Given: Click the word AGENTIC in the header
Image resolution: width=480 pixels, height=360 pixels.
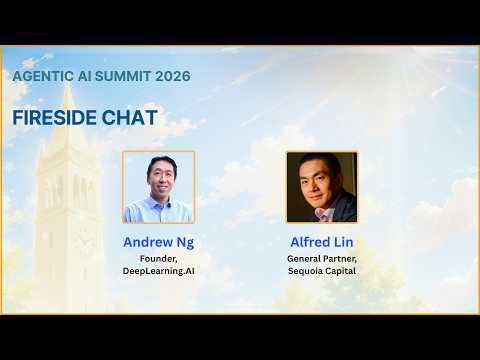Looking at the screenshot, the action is (x=43, y=76).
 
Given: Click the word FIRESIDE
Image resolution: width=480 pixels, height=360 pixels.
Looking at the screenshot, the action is (x=54, y=117).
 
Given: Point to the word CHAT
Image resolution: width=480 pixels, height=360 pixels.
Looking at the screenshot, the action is (x=129, y=117).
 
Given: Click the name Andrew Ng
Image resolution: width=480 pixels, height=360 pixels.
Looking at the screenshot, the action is (x=158, y=242).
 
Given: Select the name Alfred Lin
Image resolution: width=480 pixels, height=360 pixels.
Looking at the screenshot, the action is (x=322, y=242).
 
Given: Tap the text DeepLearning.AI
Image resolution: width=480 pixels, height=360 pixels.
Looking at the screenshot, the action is (x=158, y=271).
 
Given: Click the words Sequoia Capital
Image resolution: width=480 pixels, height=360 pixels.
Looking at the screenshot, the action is (x=322, y=271).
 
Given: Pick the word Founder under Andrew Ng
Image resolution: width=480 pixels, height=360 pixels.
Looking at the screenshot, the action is (x=158, y=259).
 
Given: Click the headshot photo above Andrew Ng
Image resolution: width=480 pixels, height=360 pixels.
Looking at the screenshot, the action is (x=158, y=187).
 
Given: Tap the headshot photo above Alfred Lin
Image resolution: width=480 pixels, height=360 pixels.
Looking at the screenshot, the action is (x=322, y=187).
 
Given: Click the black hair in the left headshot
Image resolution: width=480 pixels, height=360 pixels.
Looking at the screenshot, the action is (x=162, y=163).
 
